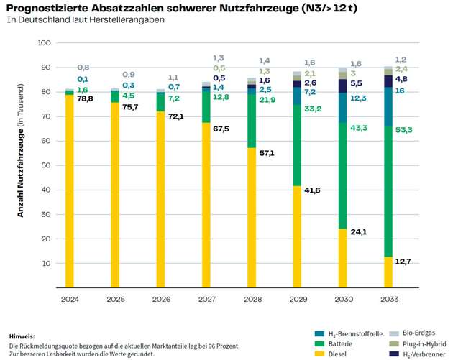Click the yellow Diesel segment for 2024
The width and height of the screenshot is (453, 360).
click(x=70, y=191)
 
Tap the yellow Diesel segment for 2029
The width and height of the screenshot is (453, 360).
click(x=297, y=237)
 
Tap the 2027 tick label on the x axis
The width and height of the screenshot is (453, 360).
click(x=206, y=298)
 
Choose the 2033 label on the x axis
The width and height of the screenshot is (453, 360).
click(x=388, y=298)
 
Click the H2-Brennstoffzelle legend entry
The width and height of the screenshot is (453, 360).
click(x=360, y=334)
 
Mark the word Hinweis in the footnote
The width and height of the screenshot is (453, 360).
click(x=22, y=336)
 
